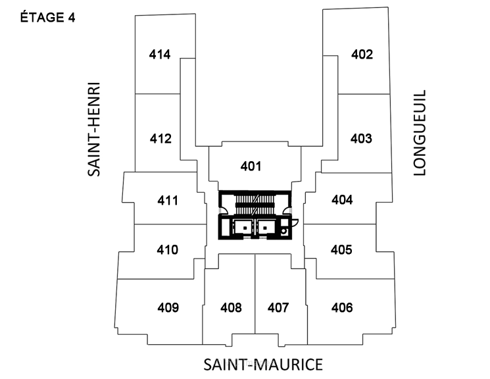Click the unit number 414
[x=160, y=55]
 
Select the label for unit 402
[x=362, y=55]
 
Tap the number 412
[x=160, y=139]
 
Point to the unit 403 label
[x=361, y=139]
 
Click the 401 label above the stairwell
[x=251, y=166]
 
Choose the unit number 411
[x=168, y=201]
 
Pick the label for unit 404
[x=342, y=200]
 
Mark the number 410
[x=168, y=250]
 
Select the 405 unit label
[x=341, y=250]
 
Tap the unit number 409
[x=168, y=308]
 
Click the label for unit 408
[x=231, y=308]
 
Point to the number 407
[x=278, y=308]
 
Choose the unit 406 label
[x=342, y=308]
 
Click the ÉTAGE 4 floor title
[x=48, y=17]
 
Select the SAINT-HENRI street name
[x=94, y=129]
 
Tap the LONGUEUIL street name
[x=420, y=133]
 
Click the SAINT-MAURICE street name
[x=263, y=365]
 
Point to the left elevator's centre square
[x=245, y=228]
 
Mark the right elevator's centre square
[x=265, y=228]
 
